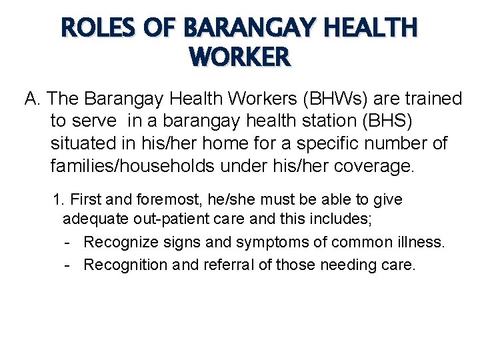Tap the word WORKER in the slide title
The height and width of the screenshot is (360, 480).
point(240,57)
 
